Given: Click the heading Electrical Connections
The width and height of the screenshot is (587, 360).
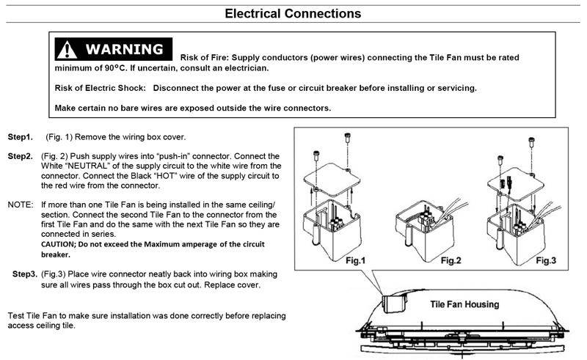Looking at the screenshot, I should coord(293,13).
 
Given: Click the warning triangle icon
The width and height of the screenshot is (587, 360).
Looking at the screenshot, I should coord(68,50).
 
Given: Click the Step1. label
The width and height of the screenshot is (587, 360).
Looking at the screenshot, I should coord(21,137).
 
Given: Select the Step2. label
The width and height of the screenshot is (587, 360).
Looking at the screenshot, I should coord(21,156).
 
